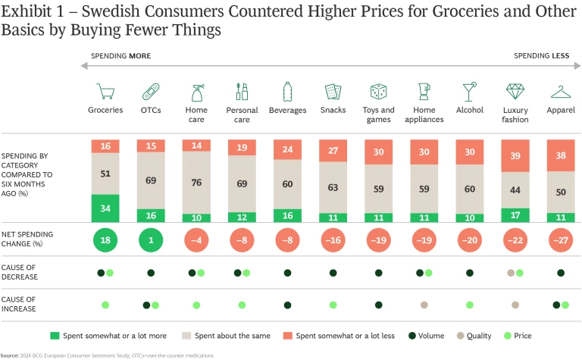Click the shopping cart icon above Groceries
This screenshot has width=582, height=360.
click(x=105, y=92)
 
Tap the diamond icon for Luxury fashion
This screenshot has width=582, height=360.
click(x=515, y=92)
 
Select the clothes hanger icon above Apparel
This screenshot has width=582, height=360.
click(x=561, y=92)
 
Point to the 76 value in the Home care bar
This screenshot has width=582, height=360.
click(x=196, y=182)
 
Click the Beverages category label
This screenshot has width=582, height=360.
click(x=287, y=111)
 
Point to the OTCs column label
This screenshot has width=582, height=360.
click(x=151, y=111)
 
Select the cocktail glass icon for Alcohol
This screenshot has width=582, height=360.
click(x=470, y=92)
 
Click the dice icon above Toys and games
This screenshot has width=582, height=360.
click(x=378, y=92)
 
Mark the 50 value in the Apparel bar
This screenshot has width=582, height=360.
click(x=561, y=192)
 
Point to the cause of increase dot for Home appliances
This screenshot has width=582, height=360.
click(x=424, y=305)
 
